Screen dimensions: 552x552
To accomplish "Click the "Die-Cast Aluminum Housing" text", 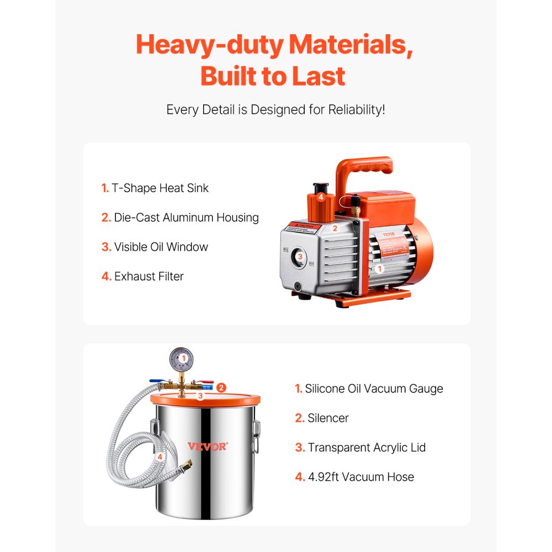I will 186,217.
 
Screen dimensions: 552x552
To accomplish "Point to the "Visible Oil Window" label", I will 161,247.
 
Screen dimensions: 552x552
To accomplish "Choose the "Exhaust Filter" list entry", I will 148,276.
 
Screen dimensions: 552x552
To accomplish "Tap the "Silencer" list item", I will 328,418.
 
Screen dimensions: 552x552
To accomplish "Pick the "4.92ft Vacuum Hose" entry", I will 360,476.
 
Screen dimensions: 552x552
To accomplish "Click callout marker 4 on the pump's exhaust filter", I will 320,197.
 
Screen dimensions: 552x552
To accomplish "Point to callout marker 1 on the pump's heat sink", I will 379,269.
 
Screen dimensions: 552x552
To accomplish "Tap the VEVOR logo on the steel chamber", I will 206,446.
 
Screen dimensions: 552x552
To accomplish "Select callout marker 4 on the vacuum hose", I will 160,457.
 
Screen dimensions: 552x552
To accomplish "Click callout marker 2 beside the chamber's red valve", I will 221,388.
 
